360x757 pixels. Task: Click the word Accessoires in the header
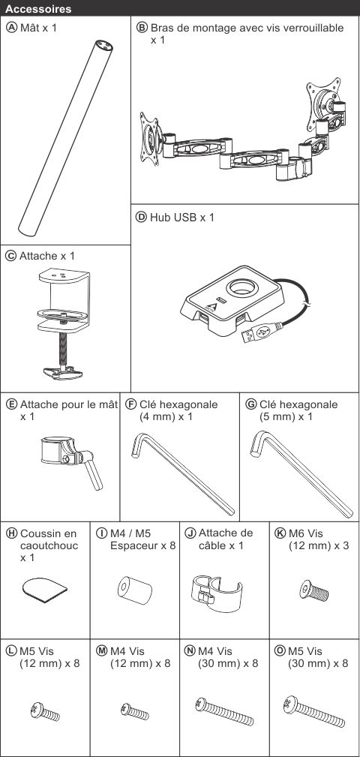pos(39,9)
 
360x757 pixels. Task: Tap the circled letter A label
pos(11,28)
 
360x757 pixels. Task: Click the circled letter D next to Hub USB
pos(142,218)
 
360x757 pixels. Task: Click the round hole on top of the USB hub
pos(242,289)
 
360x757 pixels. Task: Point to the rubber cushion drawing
pos(45,590)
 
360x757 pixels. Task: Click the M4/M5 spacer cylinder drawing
pos(135,590)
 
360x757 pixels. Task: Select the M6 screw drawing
pos(314,590)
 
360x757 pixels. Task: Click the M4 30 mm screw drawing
pos(224,711)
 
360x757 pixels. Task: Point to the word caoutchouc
pos(49,546)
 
